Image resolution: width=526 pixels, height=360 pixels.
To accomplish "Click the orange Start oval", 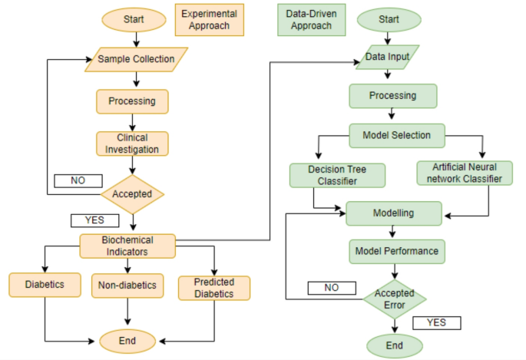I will point(134,20).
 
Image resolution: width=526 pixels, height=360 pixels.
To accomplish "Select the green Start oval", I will point(389,20).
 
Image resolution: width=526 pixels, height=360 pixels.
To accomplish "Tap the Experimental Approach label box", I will point(209,20).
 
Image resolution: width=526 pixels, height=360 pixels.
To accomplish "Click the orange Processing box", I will point(132,101).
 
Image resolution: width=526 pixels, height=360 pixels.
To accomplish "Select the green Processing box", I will point(393,96).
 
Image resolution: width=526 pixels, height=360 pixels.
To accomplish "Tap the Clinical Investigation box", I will point(132,143).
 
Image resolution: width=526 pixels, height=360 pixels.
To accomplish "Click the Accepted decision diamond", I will point(133,194).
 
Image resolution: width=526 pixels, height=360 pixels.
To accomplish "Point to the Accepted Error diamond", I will point(394,299).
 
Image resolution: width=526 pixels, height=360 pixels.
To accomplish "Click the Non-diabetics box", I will point(127,286).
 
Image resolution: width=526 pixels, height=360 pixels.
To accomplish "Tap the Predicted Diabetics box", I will point(215,287).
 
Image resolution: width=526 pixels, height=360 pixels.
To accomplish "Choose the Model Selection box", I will point(395,136).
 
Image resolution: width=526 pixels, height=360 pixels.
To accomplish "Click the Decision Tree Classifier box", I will point(337,174).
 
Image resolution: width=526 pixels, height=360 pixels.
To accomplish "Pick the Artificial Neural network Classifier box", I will point(463,173).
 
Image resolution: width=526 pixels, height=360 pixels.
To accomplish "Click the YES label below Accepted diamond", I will point(94,220).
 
